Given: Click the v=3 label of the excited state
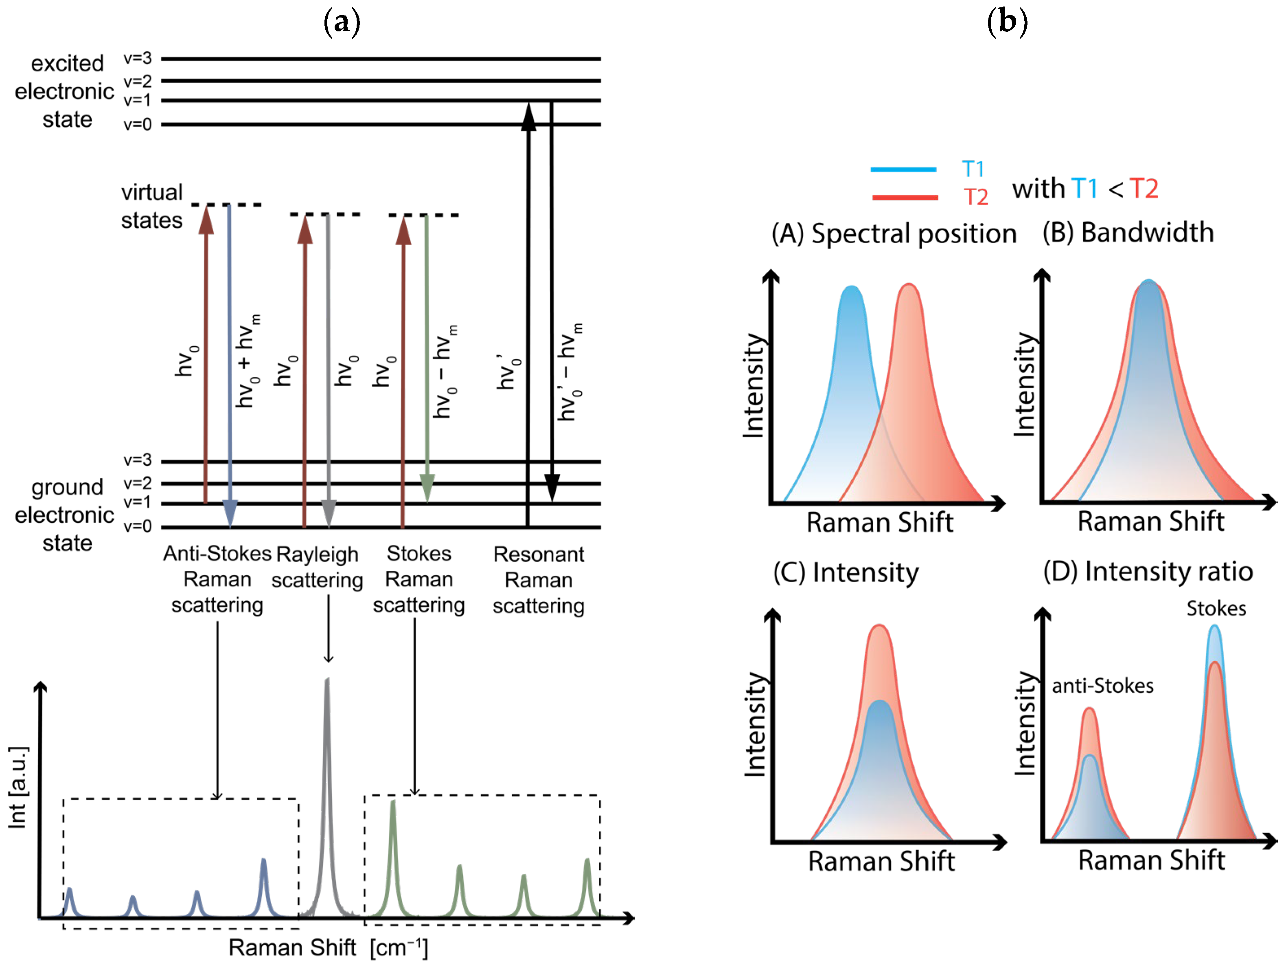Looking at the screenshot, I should click(x=137, y=58).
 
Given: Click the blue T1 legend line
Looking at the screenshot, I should click(x=903, y=169).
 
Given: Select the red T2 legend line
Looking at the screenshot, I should click(x=905, y=198).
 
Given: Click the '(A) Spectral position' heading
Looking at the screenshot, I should click(x=894, y=234).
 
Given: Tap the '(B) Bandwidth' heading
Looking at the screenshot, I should click(x=1128, y=233).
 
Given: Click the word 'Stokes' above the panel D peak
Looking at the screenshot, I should click(x=1216, y=609).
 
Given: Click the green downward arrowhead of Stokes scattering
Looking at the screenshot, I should click(x=427, y=488).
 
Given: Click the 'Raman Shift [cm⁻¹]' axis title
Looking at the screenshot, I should click(x=329, y=948).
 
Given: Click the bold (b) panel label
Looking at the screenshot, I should click(x=1007, y=22).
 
